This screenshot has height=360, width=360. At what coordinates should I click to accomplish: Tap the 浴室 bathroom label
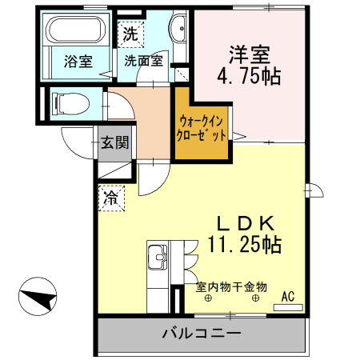point(77,61)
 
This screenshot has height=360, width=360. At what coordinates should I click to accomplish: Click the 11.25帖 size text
point(245,244)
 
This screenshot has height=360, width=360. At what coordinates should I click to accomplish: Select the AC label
point(288,297)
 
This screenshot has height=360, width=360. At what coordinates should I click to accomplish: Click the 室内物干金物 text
point(231,286)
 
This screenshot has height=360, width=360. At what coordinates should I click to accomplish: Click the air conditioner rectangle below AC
point(288,306)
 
